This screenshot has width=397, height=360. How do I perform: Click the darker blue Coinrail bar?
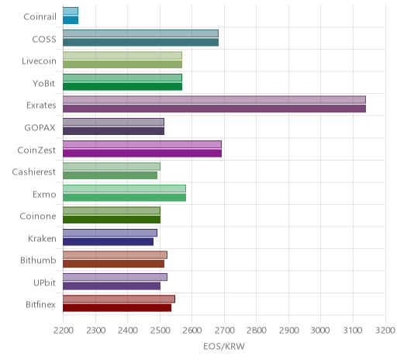pyautogui.click(x=71, y=20)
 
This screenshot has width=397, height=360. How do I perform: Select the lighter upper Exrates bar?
pyautogui.click(x=214, y=100)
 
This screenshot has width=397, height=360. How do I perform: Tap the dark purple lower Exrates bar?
pyautogui.click(x=214, y=109)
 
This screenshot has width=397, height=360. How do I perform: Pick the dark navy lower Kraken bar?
pyautogui.click(x=108, y=241)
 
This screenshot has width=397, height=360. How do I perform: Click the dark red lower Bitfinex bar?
pyautogui.click(x=117, y=308)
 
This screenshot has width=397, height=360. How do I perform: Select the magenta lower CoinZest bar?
pyautogui.click(x=142, y=153)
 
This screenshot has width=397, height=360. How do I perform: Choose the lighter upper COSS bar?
pyautogui.click(x=140, y=33)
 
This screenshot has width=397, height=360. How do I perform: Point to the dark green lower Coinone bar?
pyautogui.click(x=112, y=220)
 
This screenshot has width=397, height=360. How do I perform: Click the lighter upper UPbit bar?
pyautogui.click(x=115, y=277)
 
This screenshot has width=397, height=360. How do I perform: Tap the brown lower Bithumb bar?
pyautogui.click(x=113, y=264)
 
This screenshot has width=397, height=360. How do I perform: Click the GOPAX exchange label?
pyautogui.click(x=40, y=128)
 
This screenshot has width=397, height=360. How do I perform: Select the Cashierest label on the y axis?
pyautogui.click(x=34, y=172)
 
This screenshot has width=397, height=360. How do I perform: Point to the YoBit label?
pyautogui.click(x=44, y=84)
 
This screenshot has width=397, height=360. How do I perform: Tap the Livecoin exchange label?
pyautogui.click(x=39, y=61)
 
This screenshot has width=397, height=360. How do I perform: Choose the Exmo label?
pyautogui.click(x=44, y=194)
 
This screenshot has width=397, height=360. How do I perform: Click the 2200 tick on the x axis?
pyautogui.click(x=64, y=331)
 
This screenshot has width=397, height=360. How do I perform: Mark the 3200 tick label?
pyautogui.click(x=385, y=331)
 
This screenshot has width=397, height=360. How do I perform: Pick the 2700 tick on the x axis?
pyautogui.click(x=225, y=331)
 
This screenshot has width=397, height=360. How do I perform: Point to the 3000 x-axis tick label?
pyautogui.click(x=320, y=331)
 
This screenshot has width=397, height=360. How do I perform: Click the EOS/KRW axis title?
pyautogui.click(x=224, y=346)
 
